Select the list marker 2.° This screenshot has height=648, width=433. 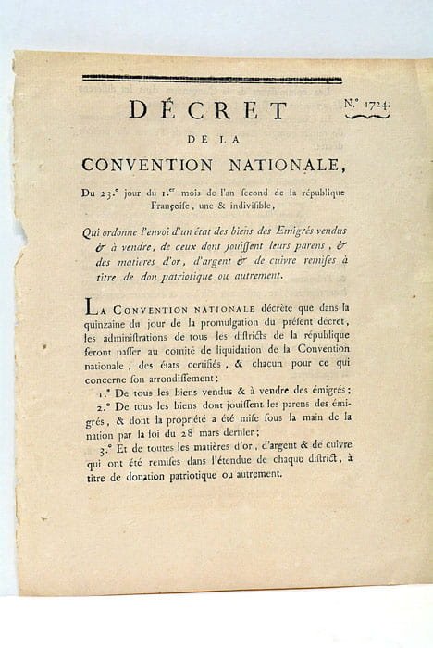pos(102,404)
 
